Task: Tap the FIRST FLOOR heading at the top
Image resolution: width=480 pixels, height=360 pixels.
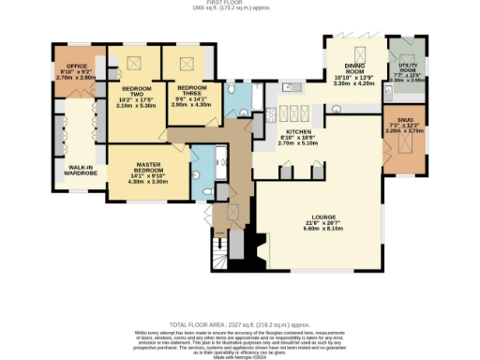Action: coord(239,3)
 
